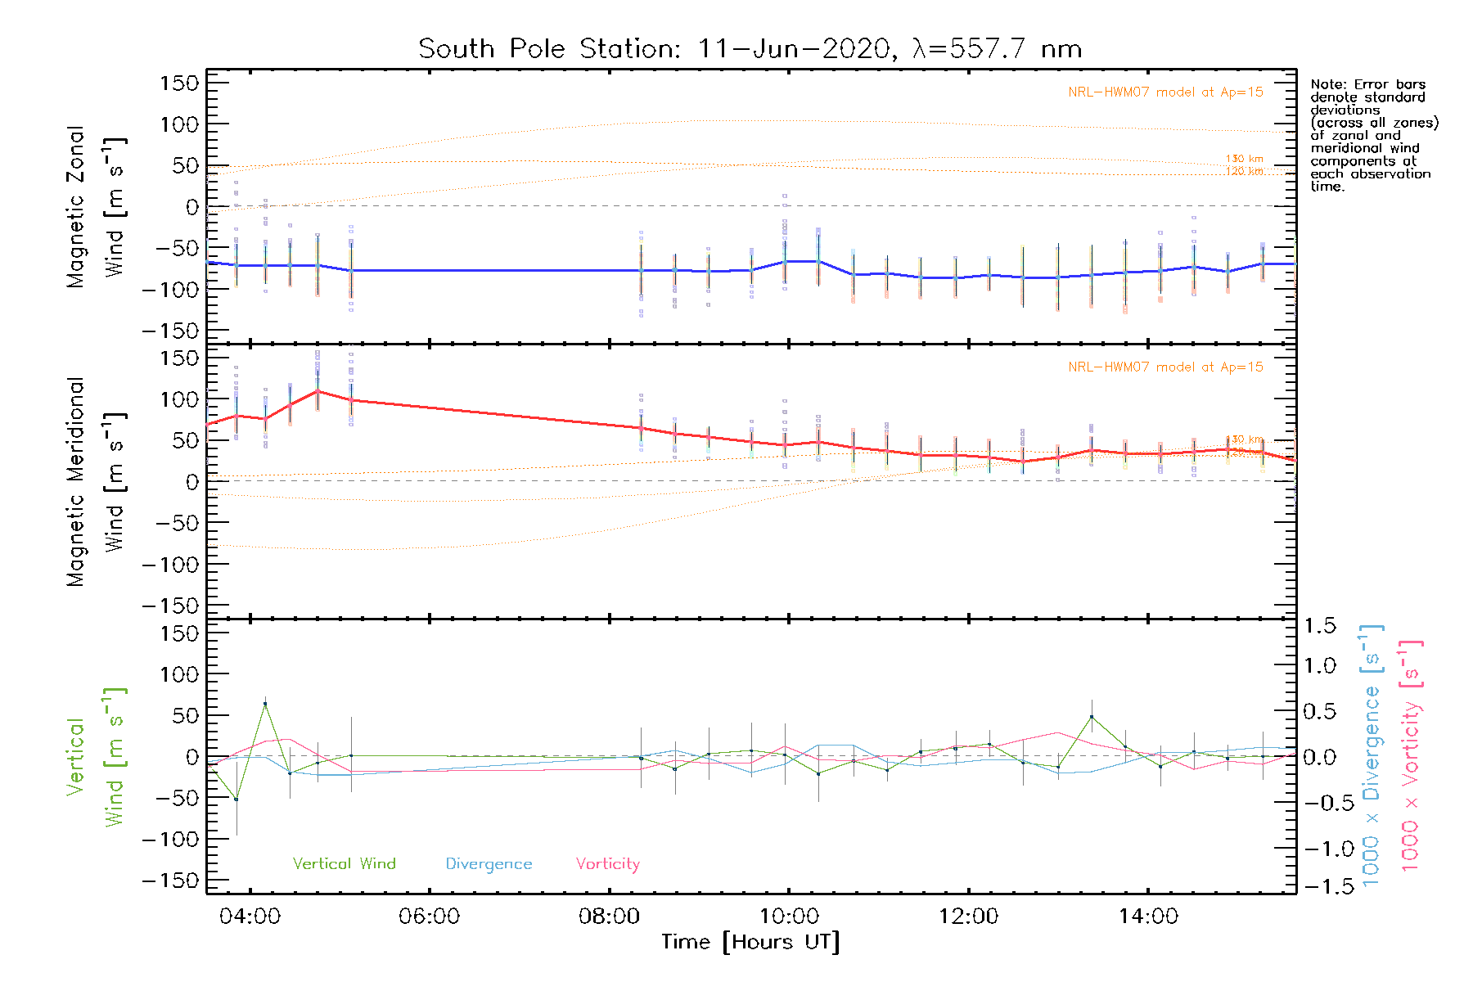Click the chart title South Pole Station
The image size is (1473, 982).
pos(750,49)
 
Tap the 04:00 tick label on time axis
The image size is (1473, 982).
pos(250,917)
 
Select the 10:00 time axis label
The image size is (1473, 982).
pos(789,917)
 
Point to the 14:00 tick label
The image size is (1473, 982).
pos(1148,917)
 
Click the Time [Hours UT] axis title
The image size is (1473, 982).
pos(750,942)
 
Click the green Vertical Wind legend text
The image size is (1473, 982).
pos(344,863)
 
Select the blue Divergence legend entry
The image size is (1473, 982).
pos(489,863)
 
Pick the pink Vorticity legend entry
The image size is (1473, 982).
pos(607,863)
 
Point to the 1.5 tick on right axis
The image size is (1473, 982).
pos(1319,626)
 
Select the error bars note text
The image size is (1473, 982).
pos(1373,135)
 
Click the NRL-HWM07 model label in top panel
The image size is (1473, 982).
pos(1165,92)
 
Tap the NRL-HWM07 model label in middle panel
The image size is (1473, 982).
pos(1165,367)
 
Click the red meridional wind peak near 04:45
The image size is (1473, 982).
pos(318,390)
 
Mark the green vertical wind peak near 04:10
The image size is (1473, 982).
pos(264,704)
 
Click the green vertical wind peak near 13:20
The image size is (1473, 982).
pos(1091,717)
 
